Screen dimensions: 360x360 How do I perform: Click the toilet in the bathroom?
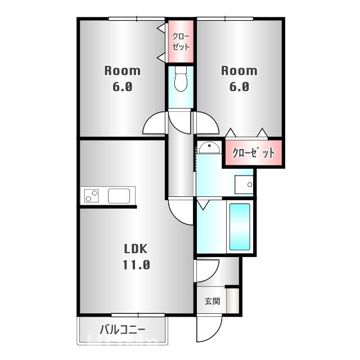[x=181, y=80]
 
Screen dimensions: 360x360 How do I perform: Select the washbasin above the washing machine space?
[x=209, y=147]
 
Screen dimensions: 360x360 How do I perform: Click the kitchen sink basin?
[x=119, y=196]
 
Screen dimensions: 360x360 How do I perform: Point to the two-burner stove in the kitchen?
[x=92, y=196]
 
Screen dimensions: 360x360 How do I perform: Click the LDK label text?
[x=136, y=248]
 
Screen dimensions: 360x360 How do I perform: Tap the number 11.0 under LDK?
[x=136, y=264]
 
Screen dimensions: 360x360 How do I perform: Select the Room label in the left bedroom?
[x=122, y=71]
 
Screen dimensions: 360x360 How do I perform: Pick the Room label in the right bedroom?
[x=239, y=71]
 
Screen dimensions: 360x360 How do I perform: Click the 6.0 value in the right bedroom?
[x=239, y=87]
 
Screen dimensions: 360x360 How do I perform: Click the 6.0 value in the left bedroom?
[x=122, y=87]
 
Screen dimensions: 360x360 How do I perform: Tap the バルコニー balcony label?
[x=123, y=330]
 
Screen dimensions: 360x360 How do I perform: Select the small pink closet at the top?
[x=181, y=42]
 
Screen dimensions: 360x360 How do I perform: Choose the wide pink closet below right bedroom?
[x=253, y=152]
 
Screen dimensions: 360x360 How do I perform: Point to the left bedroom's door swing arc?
[x=155, y=124]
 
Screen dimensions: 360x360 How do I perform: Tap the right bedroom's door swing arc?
[x=206, y=124]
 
